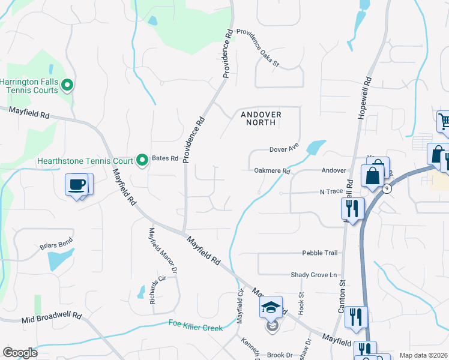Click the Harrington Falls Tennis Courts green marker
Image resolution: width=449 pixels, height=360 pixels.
pyautogui.click(x=67, y=86)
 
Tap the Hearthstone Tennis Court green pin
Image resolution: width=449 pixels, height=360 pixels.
pyautogui.click(x=142, y=160)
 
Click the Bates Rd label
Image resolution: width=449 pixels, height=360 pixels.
pyautogui.click(x=166, y=158)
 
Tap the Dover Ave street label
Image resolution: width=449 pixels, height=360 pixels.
pyautogui.click(x=284, y=148)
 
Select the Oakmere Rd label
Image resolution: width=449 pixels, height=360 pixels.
pyautogui.click(x=272, y=171)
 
